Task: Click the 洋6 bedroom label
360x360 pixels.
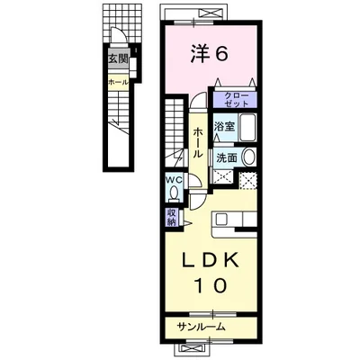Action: pyautogui.click(x=209, y=54)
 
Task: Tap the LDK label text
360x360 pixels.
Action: pyautogui.click(x=211, y=260)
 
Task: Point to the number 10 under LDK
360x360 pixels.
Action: pyautogui.click(x=211, y=285)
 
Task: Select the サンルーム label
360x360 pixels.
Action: pyautogui.click(x=201, y=327)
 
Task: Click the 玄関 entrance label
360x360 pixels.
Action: pyautogui.click(x=119, y=58)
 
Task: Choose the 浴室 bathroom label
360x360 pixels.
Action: pyautogui.click(x=224, y=127)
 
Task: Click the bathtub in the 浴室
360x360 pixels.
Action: pyautogui.click(x=247, y=127)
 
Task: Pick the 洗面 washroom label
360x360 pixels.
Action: pyautogui.click(x=227, y=157)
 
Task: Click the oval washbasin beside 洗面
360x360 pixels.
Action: pyautogui.click(x=248, y=157)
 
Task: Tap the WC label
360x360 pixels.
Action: pyautogui.click(x=175, y=180)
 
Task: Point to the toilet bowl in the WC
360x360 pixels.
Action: pyautogui.click(x=174, y=192)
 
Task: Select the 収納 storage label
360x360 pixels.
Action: pyautogui.click(x=171, y=217)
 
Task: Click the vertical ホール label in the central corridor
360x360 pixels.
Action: pyautogui.click(x=197, y=142)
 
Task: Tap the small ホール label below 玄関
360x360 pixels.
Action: pyautogui.click(x=118, y=82)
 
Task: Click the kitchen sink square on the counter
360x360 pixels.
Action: pyautogui.click(x=221, y=219)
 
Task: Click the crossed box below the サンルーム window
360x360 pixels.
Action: pyautogui.click(x=192, y=350)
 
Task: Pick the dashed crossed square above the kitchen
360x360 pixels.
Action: pyautogui.click(x=248, y=181)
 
